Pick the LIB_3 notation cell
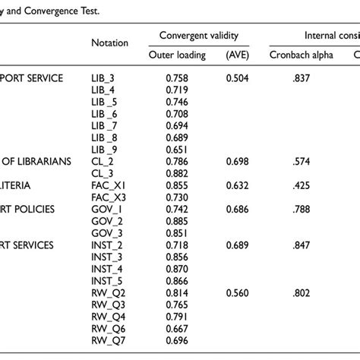pyautogui.click(x=103, y=77)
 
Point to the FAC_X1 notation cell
pyautogui.click(x=106, y=185)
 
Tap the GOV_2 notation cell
pyautogui.click(x=105, y=221)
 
